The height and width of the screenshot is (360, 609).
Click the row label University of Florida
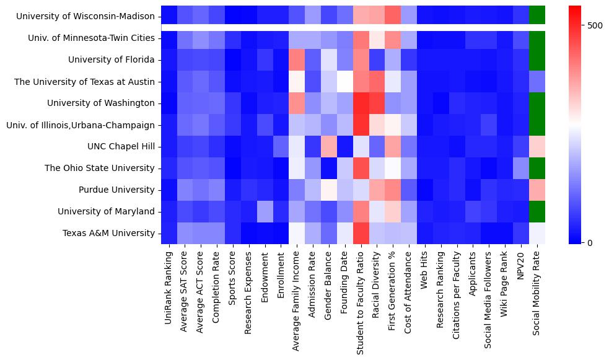click(x=112, y=59)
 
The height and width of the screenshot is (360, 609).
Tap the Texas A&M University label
click(x=108, y=233)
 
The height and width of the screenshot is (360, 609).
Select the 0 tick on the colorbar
click(x=589, y=242)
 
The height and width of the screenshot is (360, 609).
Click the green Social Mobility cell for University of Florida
click(x=537, y=59)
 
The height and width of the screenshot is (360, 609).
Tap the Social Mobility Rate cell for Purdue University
click(x=537, y=190)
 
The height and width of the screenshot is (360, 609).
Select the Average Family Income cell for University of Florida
click(x=297, y=59)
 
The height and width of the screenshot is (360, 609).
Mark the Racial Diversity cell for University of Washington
click(x=377, y=103)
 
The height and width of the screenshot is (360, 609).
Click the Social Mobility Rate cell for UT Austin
click(x=537, y=81)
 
